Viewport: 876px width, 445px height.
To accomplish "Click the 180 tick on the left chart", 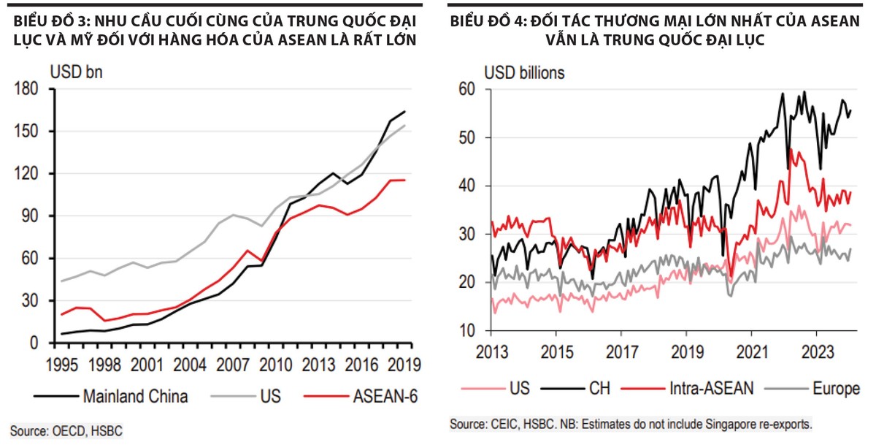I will coord(30,89).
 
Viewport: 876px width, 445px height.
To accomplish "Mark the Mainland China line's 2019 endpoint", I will coord(404,112).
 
